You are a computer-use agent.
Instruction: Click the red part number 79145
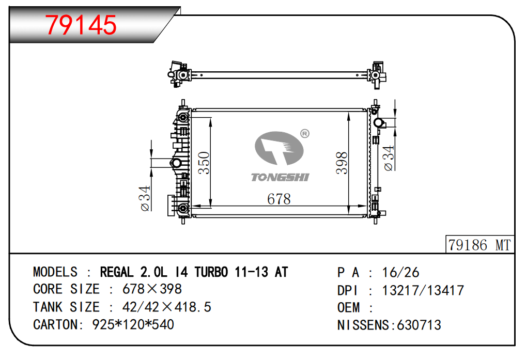tap(81, 25)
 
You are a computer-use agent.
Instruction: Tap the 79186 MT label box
tap(479, 244)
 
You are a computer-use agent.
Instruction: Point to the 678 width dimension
tap(279, 199)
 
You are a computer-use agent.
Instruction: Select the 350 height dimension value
tap(204, 163)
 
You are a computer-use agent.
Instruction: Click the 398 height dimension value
tap(342, 163)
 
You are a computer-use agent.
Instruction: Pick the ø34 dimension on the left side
tap(145, 198)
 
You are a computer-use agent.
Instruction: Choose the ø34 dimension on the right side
tap(388, 158)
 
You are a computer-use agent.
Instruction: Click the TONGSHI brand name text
tap(280, 177)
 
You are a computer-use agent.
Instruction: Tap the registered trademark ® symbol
tap(305, 134)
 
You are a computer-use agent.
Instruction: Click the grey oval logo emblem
tap(279, 148)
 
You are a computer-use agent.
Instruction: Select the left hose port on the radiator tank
tap(176, 164)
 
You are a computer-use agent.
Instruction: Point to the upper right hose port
tap(379, 123)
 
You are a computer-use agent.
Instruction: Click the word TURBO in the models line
tap(211, 272)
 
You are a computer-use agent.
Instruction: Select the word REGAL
tap(117, 272)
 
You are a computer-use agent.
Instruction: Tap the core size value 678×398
tap(152, 289)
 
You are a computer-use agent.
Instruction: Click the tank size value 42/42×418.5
tap(167, 307)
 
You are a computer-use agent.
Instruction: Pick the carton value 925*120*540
tap(133, 324)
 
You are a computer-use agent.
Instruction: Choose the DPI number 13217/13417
tap(423, 290)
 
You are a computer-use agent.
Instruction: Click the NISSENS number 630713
tap(419, 325)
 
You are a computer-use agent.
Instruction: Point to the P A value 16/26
tap(400, 273)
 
